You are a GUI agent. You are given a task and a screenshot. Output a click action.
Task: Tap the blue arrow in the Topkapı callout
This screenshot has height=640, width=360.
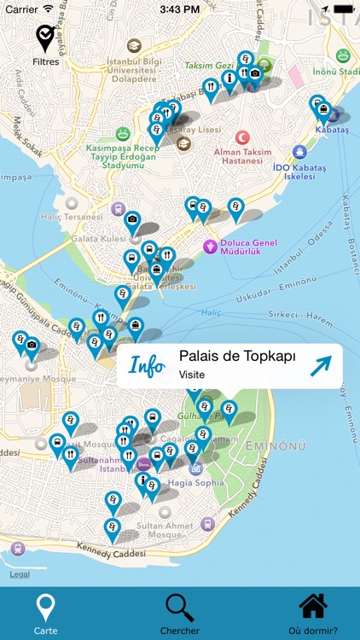pyautogui.click(x=320, y=366)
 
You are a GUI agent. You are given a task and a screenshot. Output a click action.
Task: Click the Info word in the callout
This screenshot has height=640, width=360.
pyautogui.click(x=147, y=366)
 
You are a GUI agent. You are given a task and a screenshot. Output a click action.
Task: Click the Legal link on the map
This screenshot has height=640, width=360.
pyautogui.click(x=20, y=574)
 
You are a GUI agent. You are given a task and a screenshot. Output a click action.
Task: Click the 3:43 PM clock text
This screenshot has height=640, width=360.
pyautogui.click(x=180, y=9)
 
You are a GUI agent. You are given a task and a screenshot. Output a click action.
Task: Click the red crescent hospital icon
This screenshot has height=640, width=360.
pyautogui.click(x=243, y=137)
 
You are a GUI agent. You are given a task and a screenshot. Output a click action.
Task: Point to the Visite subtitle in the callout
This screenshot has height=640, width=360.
pyautogui.click(x=192, y=375)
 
